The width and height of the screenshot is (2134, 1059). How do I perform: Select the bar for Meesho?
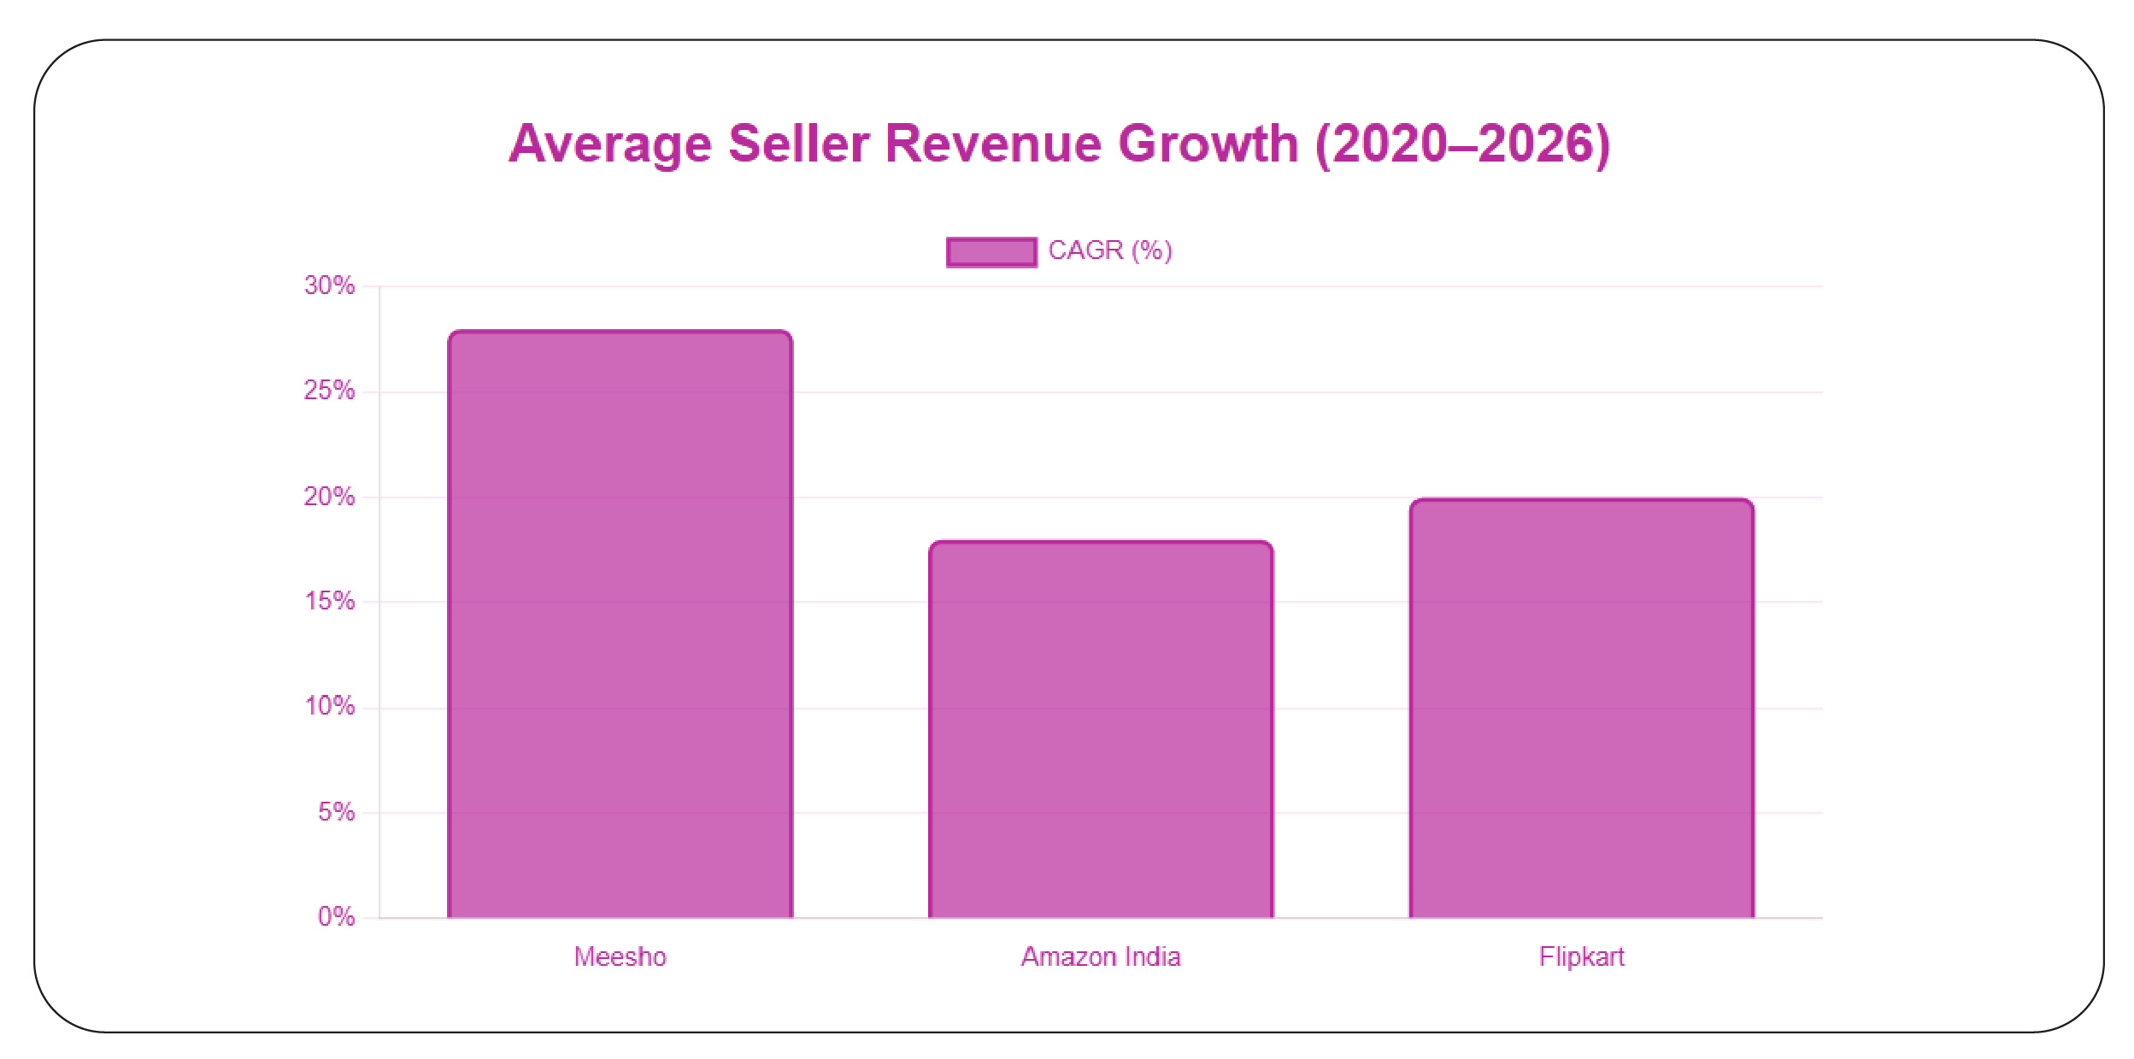click(620, 624)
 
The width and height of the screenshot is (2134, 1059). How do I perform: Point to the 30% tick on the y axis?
click(330, 285)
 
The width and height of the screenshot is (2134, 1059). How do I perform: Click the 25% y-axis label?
click(330, 391)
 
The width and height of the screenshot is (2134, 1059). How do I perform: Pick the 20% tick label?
click(330, 497)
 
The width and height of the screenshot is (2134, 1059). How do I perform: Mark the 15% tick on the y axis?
click(330, 601)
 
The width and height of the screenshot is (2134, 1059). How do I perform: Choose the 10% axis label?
click(330, 706)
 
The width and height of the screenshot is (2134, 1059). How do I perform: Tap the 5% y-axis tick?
click(337, 812)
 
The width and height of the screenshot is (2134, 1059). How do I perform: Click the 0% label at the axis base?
click(337, 917)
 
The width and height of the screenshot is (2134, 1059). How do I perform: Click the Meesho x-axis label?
click(620, 956)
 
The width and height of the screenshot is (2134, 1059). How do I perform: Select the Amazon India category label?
click(1101, 956)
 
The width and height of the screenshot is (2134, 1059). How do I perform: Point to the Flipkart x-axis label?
click(1581, 956)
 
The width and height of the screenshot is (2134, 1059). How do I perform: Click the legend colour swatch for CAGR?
click(991, 252)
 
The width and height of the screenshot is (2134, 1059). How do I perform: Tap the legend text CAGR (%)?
click(1110, 250)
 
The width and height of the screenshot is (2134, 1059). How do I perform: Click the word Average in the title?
click(610, 144)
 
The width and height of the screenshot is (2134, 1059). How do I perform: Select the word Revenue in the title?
click(993, 144)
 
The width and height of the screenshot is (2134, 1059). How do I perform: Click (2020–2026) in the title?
click(1463, 144)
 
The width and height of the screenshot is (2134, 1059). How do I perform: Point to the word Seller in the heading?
click(798, 144)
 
